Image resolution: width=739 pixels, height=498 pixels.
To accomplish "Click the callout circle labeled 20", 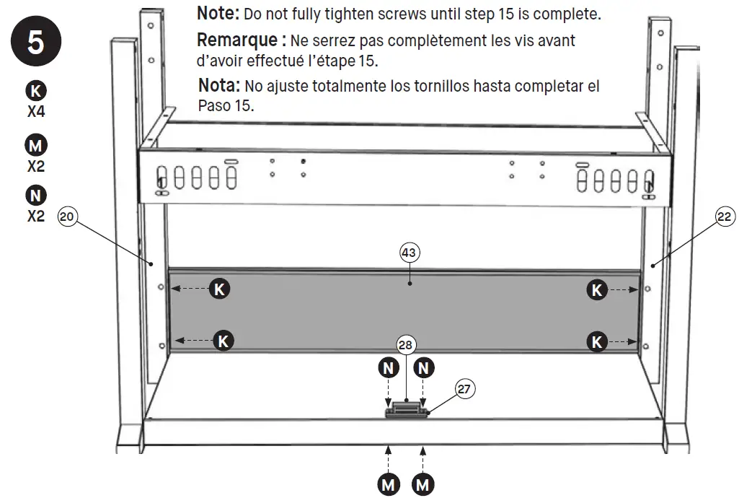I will point(67,216).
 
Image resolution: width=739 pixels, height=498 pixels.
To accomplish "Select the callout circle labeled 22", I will point(725,216).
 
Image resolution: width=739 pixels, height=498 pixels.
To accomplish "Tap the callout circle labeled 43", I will point(410,253).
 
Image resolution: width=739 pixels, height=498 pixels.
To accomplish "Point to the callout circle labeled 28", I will point(407,345).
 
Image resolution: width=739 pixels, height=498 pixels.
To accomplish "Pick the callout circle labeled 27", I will point(465,388).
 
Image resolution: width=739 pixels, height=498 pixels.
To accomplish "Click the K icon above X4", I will point(35,91).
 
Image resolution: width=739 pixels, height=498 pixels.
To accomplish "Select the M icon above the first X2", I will point(35,146).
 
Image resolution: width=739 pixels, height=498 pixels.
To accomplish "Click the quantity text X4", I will point(35,113).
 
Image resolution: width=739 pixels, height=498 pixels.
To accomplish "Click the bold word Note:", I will point(218,13).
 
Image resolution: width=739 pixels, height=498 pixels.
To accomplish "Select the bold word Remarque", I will point(232,40).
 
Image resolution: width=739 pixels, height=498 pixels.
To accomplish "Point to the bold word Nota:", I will point(219,86).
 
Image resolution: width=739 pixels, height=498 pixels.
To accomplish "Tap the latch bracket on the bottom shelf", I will point(407,411).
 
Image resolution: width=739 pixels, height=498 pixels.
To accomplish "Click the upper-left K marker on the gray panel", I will point(220,289).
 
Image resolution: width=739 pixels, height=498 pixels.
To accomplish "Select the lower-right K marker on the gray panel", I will point(597,341).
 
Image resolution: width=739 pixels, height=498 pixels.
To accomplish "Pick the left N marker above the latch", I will point(389,368).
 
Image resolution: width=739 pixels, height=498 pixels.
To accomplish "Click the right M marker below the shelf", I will point(423,484).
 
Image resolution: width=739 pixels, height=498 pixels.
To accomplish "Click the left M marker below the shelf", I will point(389,484).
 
